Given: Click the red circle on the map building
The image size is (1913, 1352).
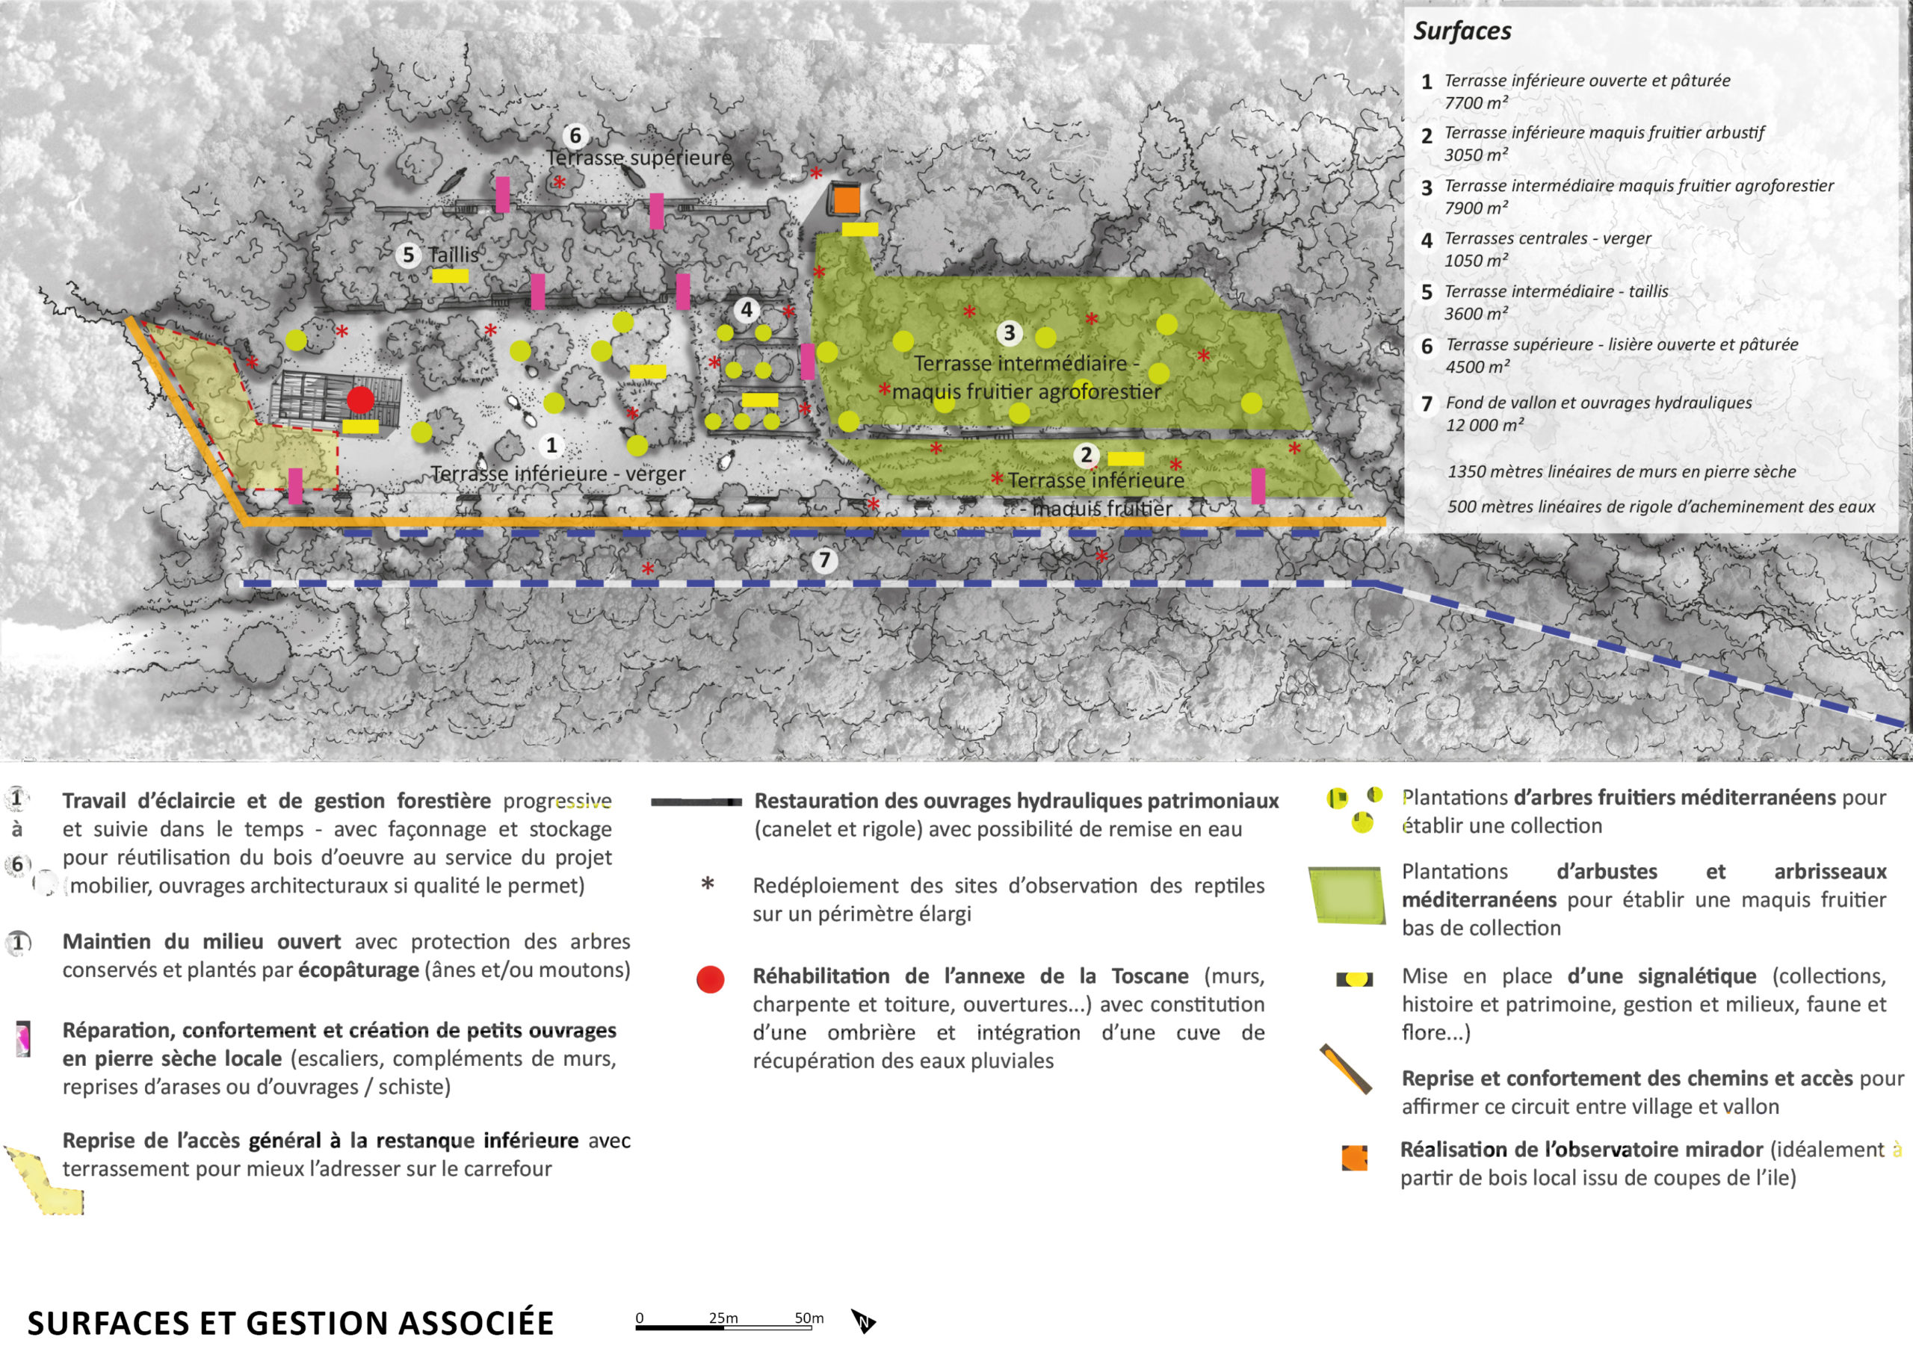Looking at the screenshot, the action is tap(361, 400).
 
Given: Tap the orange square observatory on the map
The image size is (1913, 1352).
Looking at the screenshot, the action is tap(846, 200).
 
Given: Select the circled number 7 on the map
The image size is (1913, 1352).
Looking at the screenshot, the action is tap(824, 559).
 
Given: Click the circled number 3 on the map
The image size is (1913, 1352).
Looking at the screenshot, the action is tap(1009, 333).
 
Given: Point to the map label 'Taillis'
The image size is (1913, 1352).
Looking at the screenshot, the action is tap(454, 255).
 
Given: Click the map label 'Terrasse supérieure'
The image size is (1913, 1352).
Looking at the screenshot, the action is tap(639, 158).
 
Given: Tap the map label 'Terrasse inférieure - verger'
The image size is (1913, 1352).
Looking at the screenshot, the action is tap(558, 473).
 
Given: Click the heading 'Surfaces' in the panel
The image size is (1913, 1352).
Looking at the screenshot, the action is tap(1462, 31).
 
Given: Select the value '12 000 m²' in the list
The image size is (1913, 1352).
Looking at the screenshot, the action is tap(1485, 425).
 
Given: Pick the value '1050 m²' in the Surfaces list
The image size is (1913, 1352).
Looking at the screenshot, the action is tap(1476, 261).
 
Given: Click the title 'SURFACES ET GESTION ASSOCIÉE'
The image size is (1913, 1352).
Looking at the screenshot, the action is tap(290, 1323).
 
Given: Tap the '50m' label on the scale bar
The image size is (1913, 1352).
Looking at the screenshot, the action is tap(809, 1318).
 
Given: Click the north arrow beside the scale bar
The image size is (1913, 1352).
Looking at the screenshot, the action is tap(863, 1321).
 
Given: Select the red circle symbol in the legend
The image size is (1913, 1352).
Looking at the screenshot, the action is tap(711, 979).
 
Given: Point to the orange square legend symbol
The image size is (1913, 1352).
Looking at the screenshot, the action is tap(1355, 1158).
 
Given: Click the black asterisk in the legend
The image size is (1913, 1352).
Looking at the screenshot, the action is tap(708, 883).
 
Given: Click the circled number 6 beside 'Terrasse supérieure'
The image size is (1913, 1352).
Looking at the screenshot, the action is tap(574, 135).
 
